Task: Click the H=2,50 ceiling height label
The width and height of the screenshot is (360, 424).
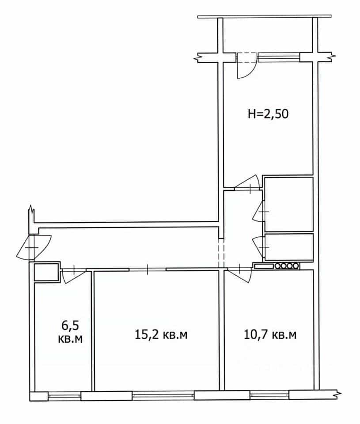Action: click(x=268, y=114)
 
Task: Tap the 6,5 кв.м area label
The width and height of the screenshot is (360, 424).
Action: click(x=70, y=332)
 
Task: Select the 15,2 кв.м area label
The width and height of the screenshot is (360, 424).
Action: click(x=161, y=335)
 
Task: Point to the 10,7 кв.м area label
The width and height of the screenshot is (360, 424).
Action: click(x=270, y=335)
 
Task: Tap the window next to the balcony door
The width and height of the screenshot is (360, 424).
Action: click(x=279, y=57)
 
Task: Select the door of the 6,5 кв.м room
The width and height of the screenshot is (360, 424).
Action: click(x=73, y=275)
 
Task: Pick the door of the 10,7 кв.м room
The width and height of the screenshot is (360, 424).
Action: click(x=240, y=274)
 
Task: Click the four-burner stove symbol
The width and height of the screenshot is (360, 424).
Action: click(x=287, y=266)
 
